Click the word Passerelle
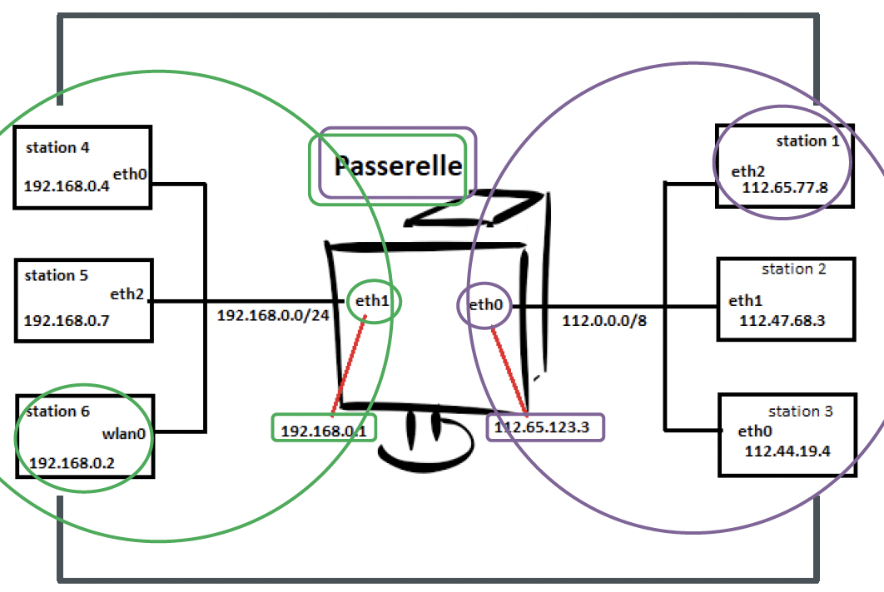pyautogui.click(x=398, y=165)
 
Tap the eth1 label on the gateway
pyautogui.click(x=372, y=301)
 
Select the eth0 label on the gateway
pyautogui.click(x=485, y=305)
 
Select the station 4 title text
pyautogui.click(x=57, y=148)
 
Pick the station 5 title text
pyautogui.click(x=57, y=275)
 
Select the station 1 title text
pyautogui.click(x=807, y=141)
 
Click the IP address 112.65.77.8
pyautogui.click(x=785, y=188)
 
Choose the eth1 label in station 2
pyautogui.click(x=745, y=300)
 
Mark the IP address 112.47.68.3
pyautogui.click(x=782, y=321)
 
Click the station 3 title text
pyautogui.click(x=800, y=412)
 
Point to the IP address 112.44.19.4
pyautogui.click(x=787, y=451)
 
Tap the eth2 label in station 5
pyautogui.click(x=127, y=294)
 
